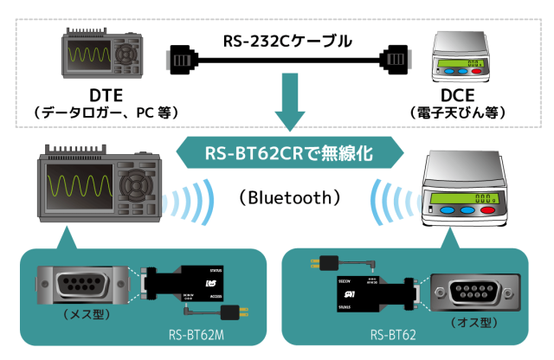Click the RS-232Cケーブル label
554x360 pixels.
277,40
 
